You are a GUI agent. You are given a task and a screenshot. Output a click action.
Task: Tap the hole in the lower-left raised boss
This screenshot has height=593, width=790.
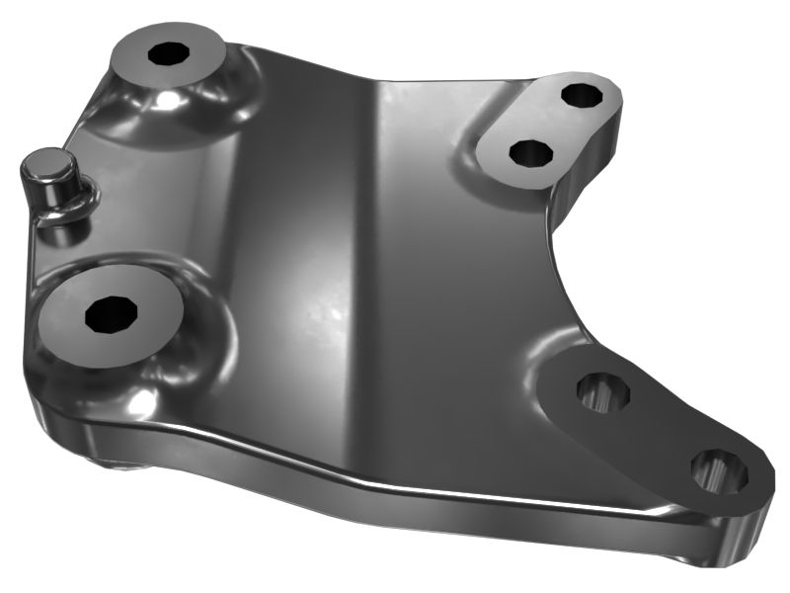[x=109, y=314]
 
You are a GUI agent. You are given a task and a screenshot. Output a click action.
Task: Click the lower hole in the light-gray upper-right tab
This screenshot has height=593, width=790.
[x=531, y=152]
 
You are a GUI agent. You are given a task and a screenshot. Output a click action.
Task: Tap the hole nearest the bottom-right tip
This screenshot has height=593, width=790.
[x=719, y=470]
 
